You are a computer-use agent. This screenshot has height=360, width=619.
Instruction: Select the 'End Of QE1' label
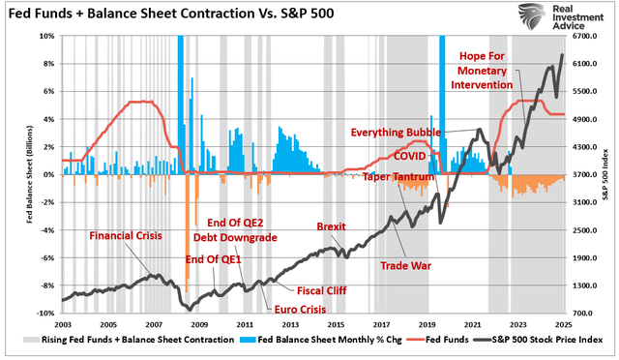212,259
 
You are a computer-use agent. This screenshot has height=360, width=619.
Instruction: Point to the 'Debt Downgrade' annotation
233,236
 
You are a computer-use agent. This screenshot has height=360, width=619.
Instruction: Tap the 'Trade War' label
405,264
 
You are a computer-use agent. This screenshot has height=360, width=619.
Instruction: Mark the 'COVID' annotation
410,156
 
